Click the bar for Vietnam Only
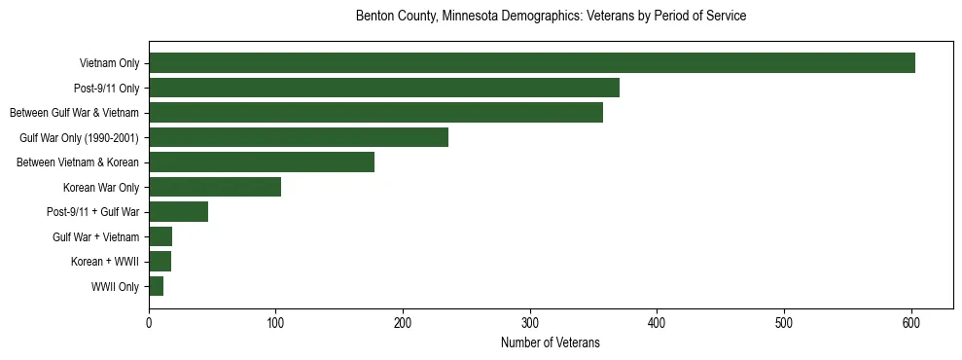tap(531, 63)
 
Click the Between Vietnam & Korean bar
tap(262, 162)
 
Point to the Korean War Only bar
tap(215, 187)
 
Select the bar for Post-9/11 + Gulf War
tap(178, 212)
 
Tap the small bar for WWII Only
tap(156, 286)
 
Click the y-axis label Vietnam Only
tap(109, 64)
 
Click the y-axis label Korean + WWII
tap(105, 262)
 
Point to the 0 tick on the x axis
tap(149, 322)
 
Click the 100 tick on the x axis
tap(276, 322)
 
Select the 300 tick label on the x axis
tap(530, 322)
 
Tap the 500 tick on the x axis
tap(784, 322)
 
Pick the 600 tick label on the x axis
tap(911, 322)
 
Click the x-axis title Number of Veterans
tap(550, 342)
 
